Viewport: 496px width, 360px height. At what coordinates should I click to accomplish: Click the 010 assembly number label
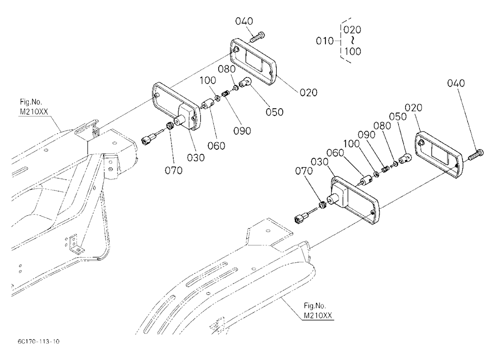[x=324, y=41]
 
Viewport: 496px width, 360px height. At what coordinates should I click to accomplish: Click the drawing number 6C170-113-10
[x=39, y=341]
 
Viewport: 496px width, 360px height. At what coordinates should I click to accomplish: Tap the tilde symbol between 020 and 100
[x=352, y=40]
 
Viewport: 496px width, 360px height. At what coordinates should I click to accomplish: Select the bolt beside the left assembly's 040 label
[x=257, y=37]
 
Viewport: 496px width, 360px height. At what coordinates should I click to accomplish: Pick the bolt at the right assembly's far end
[x=476, y=155]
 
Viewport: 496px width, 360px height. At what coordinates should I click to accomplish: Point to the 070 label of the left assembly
[x=174, y=171]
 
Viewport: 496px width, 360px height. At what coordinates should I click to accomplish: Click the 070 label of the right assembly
[x=304, y=171]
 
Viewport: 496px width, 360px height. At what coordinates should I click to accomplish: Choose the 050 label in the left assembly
[x=274, y=112]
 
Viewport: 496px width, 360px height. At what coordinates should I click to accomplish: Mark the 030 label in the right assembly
[x=319, y=162]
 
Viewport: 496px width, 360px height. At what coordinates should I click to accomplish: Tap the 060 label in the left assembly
[x=216, y=146]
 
